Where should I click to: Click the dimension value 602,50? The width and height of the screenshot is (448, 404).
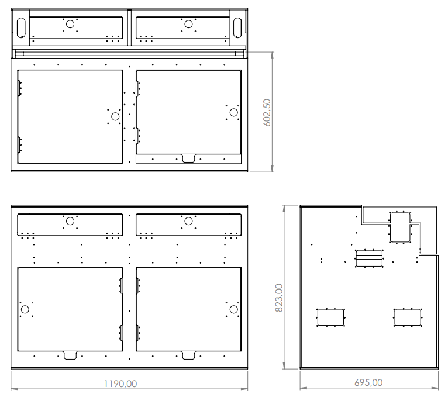(267, 113)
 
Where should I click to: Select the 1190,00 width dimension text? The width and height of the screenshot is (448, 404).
(120, 384)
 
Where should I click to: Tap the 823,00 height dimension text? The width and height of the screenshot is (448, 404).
(279, 298)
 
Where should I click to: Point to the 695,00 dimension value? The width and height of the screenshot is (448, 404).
(368, 382)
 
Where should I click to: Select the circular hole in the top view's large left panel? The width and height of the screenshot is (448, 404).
(115, 116)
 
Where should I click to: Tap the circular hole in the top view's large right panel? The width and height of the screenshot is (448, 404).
(234, 113)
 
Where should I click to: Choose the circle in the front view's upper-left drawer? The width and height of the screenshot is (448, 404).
(70, 221)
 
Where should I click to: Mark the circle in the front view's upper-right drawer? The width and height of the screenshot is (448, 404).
(188, 221)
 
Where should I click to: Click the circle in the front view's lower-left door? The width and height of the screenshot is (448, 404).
(25, 309)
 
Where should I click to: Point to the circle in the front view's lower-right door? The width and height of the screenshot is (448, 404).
(234, 309)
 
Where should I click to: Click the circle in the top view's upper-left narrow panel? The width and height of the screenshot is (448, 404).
(70, 25)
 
